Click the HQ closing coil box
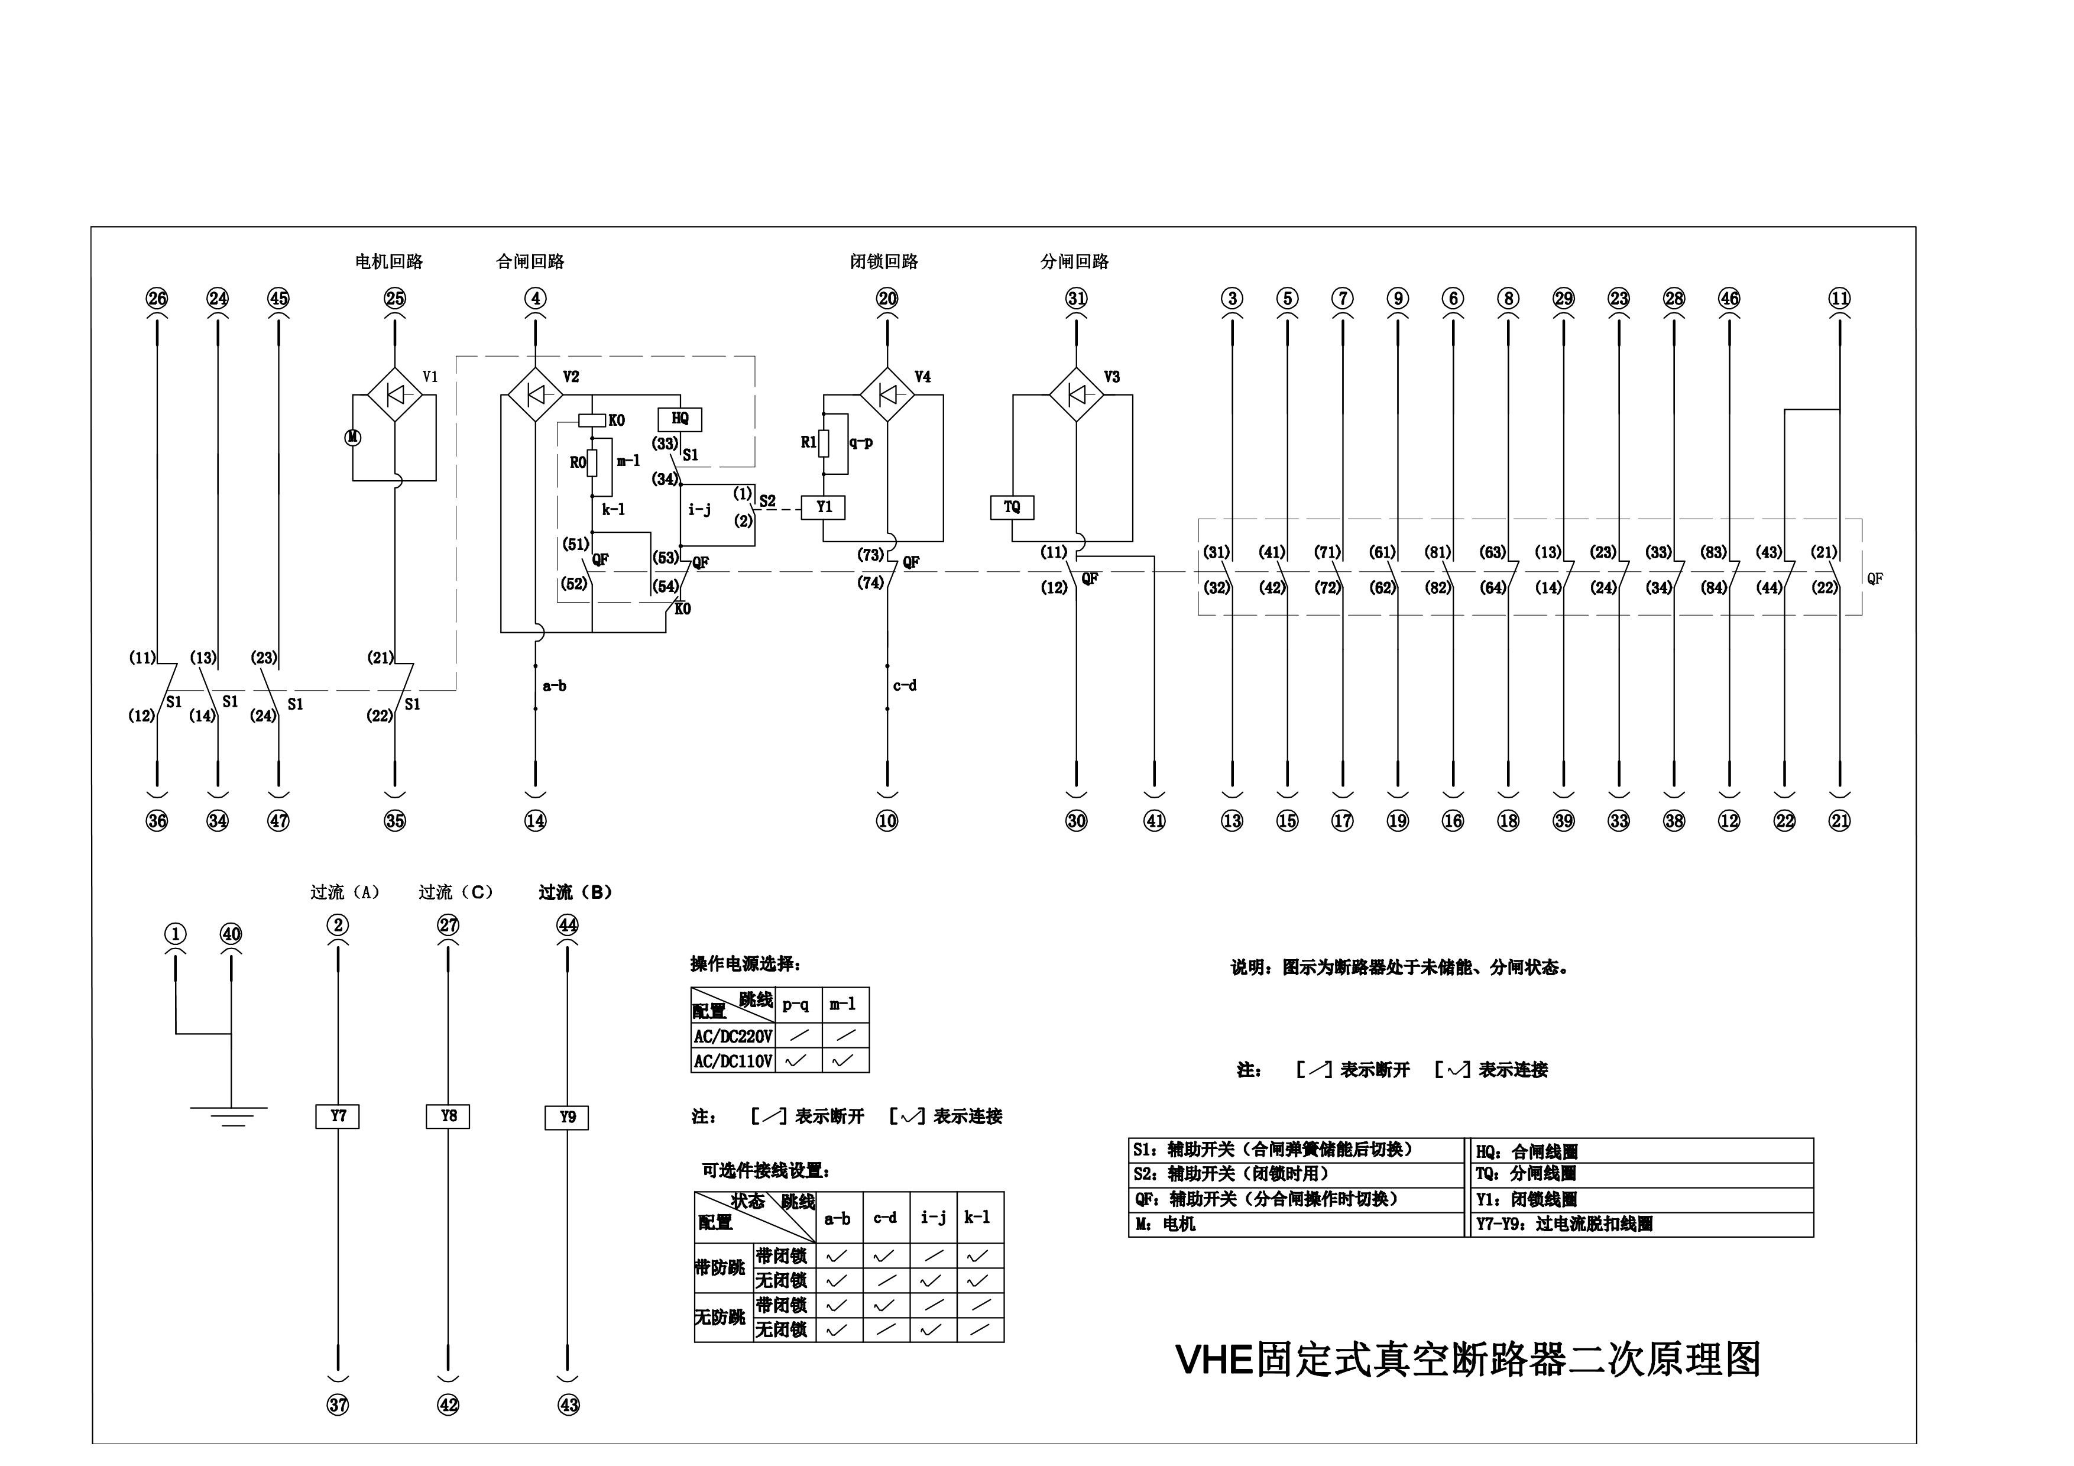[x=679, y=419]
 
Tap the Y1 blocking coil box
[x=824, y=507]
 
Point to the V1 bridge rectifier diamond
[x=395, y=394]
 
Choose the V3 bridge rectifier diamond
[x=1076, y=394]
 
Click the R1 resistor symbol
[x=824, y=442]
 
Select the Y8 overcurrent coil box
[x=448, y=1117]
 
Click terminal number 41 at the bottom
[x=1155, y=821]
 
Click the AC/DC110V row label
[x=733, y=1062]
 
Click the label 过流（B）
[x=575, y=892]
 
